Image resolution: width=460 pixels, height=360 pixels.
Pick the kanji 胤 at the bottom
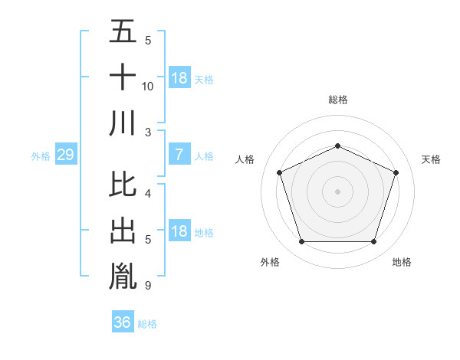(123, 277)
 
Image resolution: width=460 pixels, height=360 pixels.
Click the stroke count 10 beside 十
(148, 87)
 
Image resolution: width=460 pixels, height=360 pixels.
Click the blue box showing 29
(65, 155)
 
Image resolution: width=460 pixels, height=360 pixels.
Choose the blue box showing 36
(123, 322)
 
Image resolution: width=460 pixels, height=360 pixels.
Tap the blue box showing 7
(179, 155)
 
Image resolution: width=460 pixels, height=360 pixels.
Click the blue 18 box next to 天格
(179, 78)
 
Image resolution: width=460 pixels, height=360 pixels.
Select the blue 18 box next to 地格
(179, 232)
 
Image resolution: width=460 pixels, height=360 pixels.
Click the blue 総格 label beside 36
(148, 324)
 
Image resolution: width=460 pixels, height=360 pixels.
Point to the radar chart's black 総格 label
(338, 100)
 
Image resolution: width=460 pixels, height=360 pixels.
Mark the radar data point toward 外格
(301, 242)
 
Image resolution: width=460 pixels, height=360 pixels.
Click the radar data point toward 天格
(396, 172)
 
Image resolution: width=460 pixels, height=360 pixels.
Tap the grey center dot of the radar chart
(338, 191)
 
